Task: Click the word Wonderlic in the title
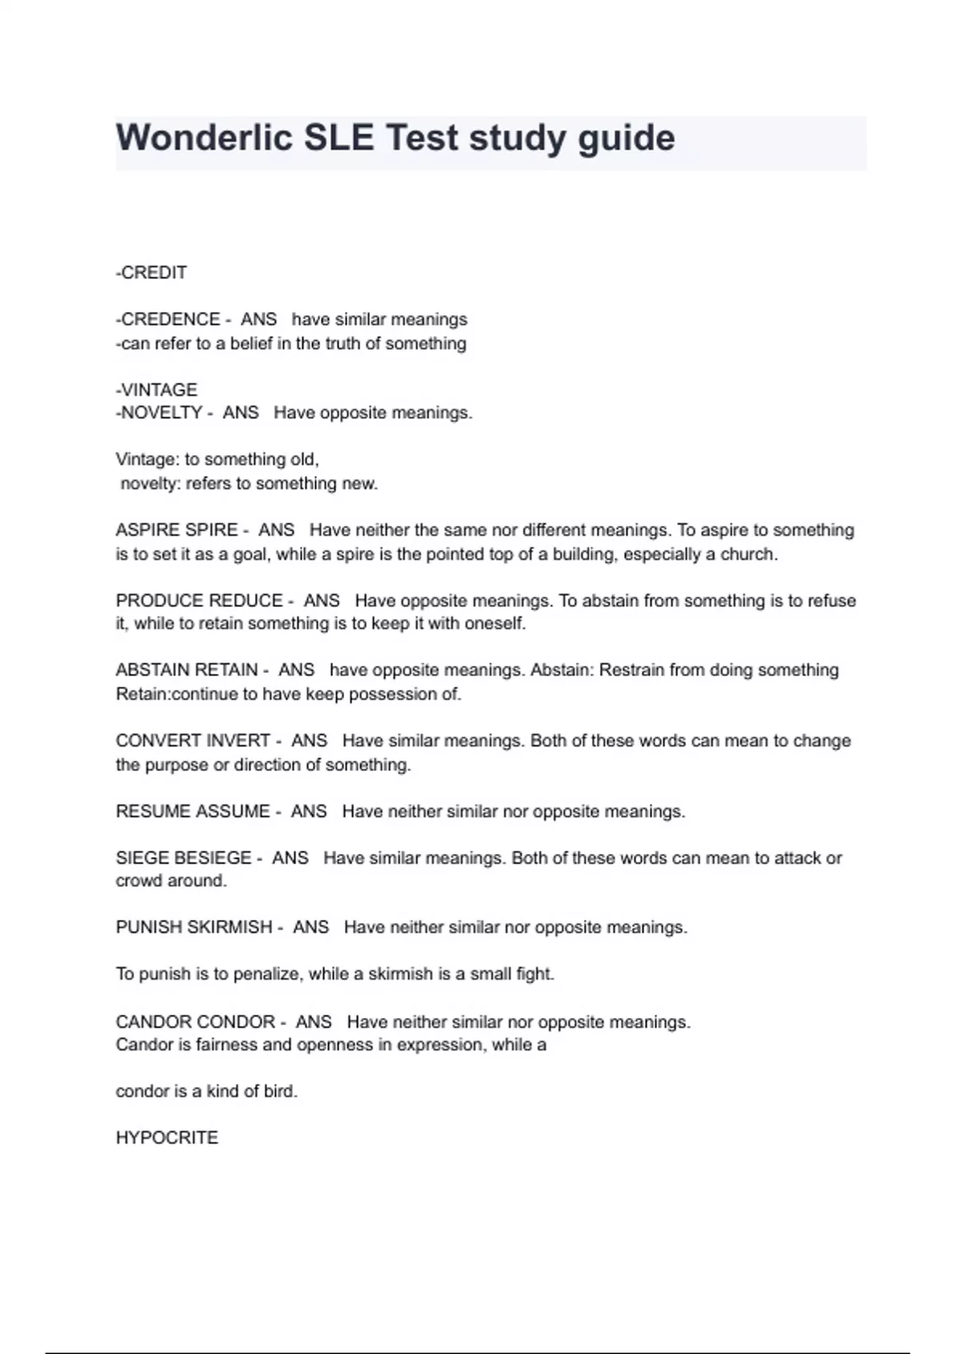(x=203, y=138)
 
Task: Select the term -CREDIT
(x=151, y=272)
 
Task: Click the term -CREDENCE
(x=168, y=319)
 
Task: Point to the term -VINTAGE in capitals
(x=156, y=389)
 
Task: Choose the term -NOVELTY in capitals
(x=159, y=413)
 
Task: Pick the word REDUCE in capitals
(x=245, y=600)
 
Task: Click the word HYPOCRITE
(x=167, y=1137)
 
